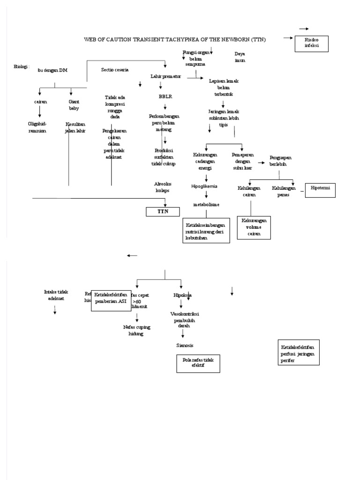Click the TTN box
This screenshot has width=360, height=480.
(x=163, y=212)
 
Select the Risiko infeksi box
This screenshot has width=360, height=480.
(x=312, y=44)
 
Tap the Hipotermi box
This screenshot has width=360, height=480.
(x=320, y=191)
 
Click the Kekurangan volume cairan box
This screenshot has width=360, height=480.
(x=254, y=228)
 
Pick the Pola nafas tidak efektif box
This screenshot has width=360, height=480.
(x=198, y=363)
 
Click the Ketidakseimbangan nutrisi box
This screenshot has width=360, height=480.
(x=206, y=230)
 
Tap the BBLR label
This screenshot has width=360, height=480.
(x=165, y=97)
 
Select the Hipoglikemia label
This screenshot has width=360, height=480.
(x=204, y=186)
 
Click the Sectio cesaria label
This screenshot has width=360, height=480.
(x=115, y=70)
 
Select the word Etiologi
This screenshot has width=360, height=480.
(x=22, y=67)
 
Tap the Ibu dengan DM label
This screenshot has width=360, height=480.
(x=52, y=70)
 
